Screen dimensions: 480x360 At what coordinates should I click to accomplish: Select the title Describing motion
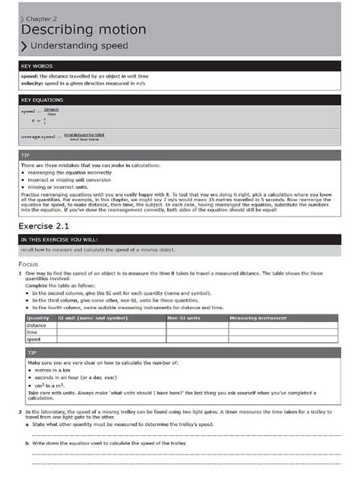click(84, 30)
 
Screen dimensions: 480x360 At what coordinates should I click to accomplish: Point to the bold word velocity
click(31, 84)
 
